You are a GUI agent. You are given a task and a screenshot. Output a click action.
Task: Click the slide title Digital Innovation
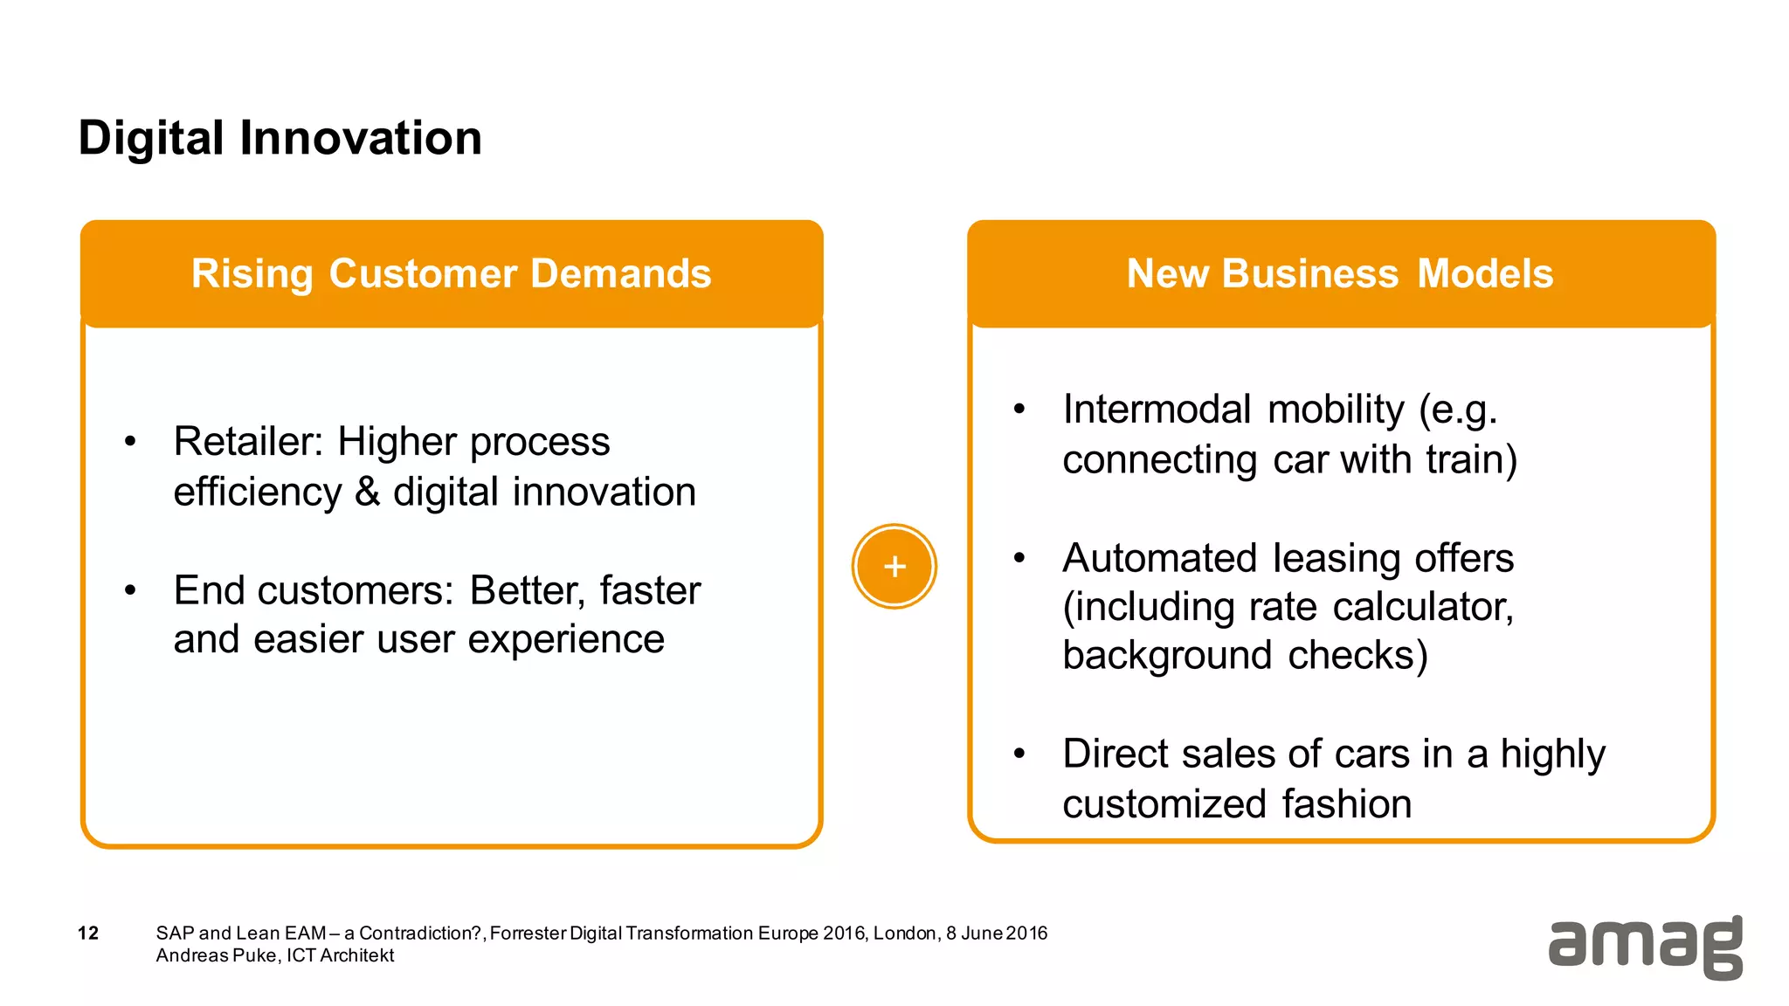tap(280, 138)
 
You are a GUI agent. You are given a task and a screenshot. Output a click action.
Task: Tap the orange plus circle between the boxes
tap(894, 567)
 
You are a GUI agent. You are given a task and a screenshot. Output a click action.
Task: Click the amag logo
tap(1645, 947)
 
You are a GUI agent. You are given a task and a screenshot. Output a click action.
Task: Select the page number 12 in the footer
tap(88, 933)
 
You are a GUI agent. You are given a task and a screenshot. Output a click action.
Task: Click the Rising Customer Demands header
tap(451, 273)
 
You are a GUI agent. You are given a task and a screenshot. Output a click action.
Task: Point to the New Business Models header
tap(1340, 273)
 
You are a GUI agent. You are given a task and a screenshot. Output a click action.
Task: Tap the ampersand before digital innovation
tap(368, 492)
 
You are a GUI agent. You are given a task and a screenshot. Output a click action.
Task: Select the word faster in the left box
tap(650, 590)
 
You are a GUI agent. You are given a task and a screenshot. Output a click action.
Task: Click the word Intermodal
tap(1157, 410)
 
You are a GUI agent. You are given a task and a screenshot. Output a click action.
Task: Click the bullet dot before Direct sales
tap(1019, 753)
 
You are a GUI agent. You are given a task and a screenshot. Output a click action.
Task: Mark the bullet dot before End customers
tap(130, 590)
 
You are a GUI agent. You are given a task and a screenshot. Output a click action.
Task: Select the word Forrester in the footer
tap(528, 933)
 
